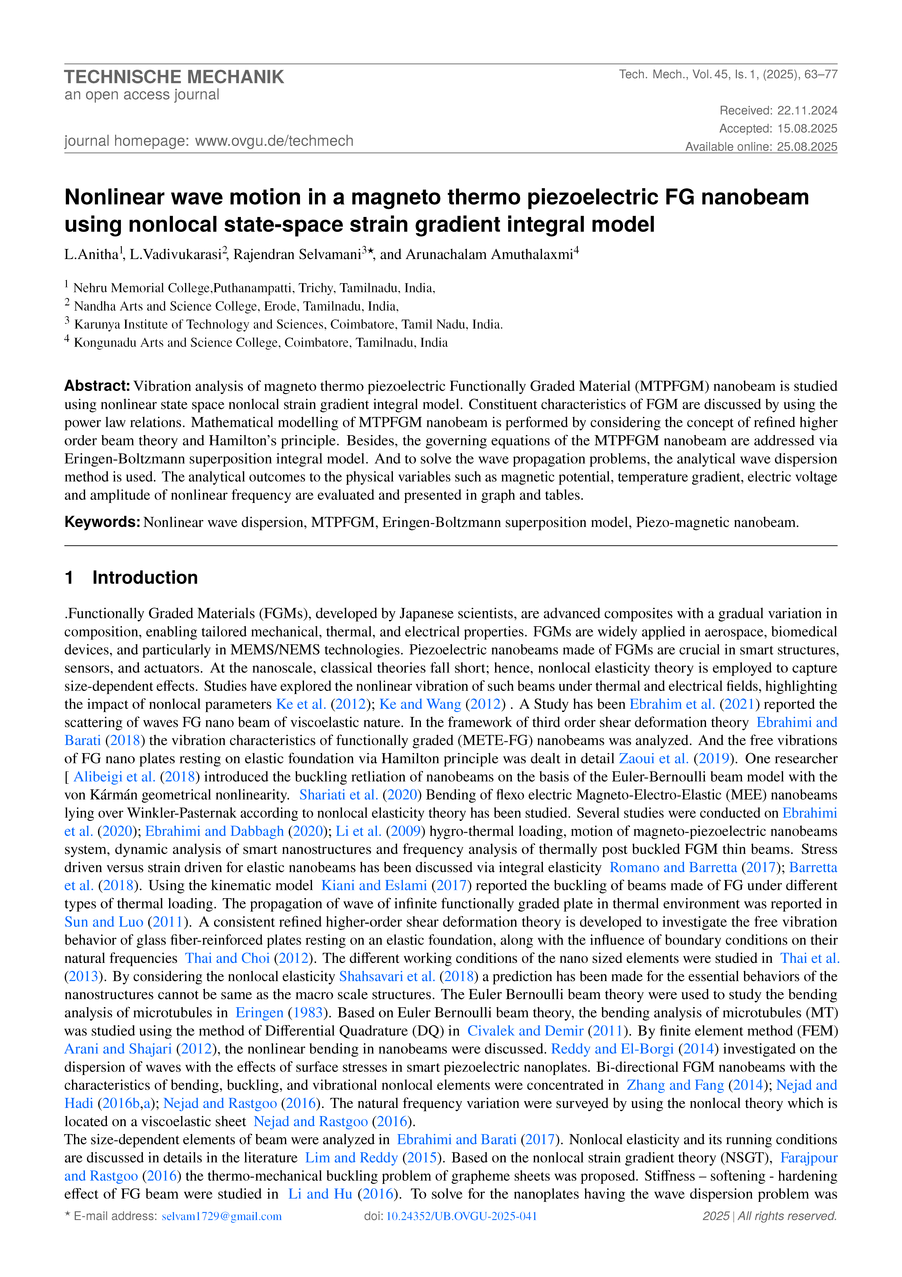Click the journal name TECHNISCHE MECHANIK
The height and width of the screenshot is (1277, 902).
tap(174, 77)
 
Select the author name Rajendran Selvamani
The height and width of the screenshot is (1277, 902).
tap(297, 255)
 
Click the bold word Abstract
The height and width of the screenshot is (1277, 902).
tap(97, 386)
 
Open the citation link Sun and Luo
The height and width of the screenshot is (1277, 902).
tap(104, 922)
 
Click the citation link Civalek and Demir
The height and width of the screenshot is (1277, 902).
tap(525, 1031)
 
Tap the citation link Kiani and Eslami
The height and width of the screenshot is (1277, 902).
tap(374, 885)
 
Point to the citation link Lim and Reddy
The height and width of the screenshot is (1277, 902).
tap(351, 1157)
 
